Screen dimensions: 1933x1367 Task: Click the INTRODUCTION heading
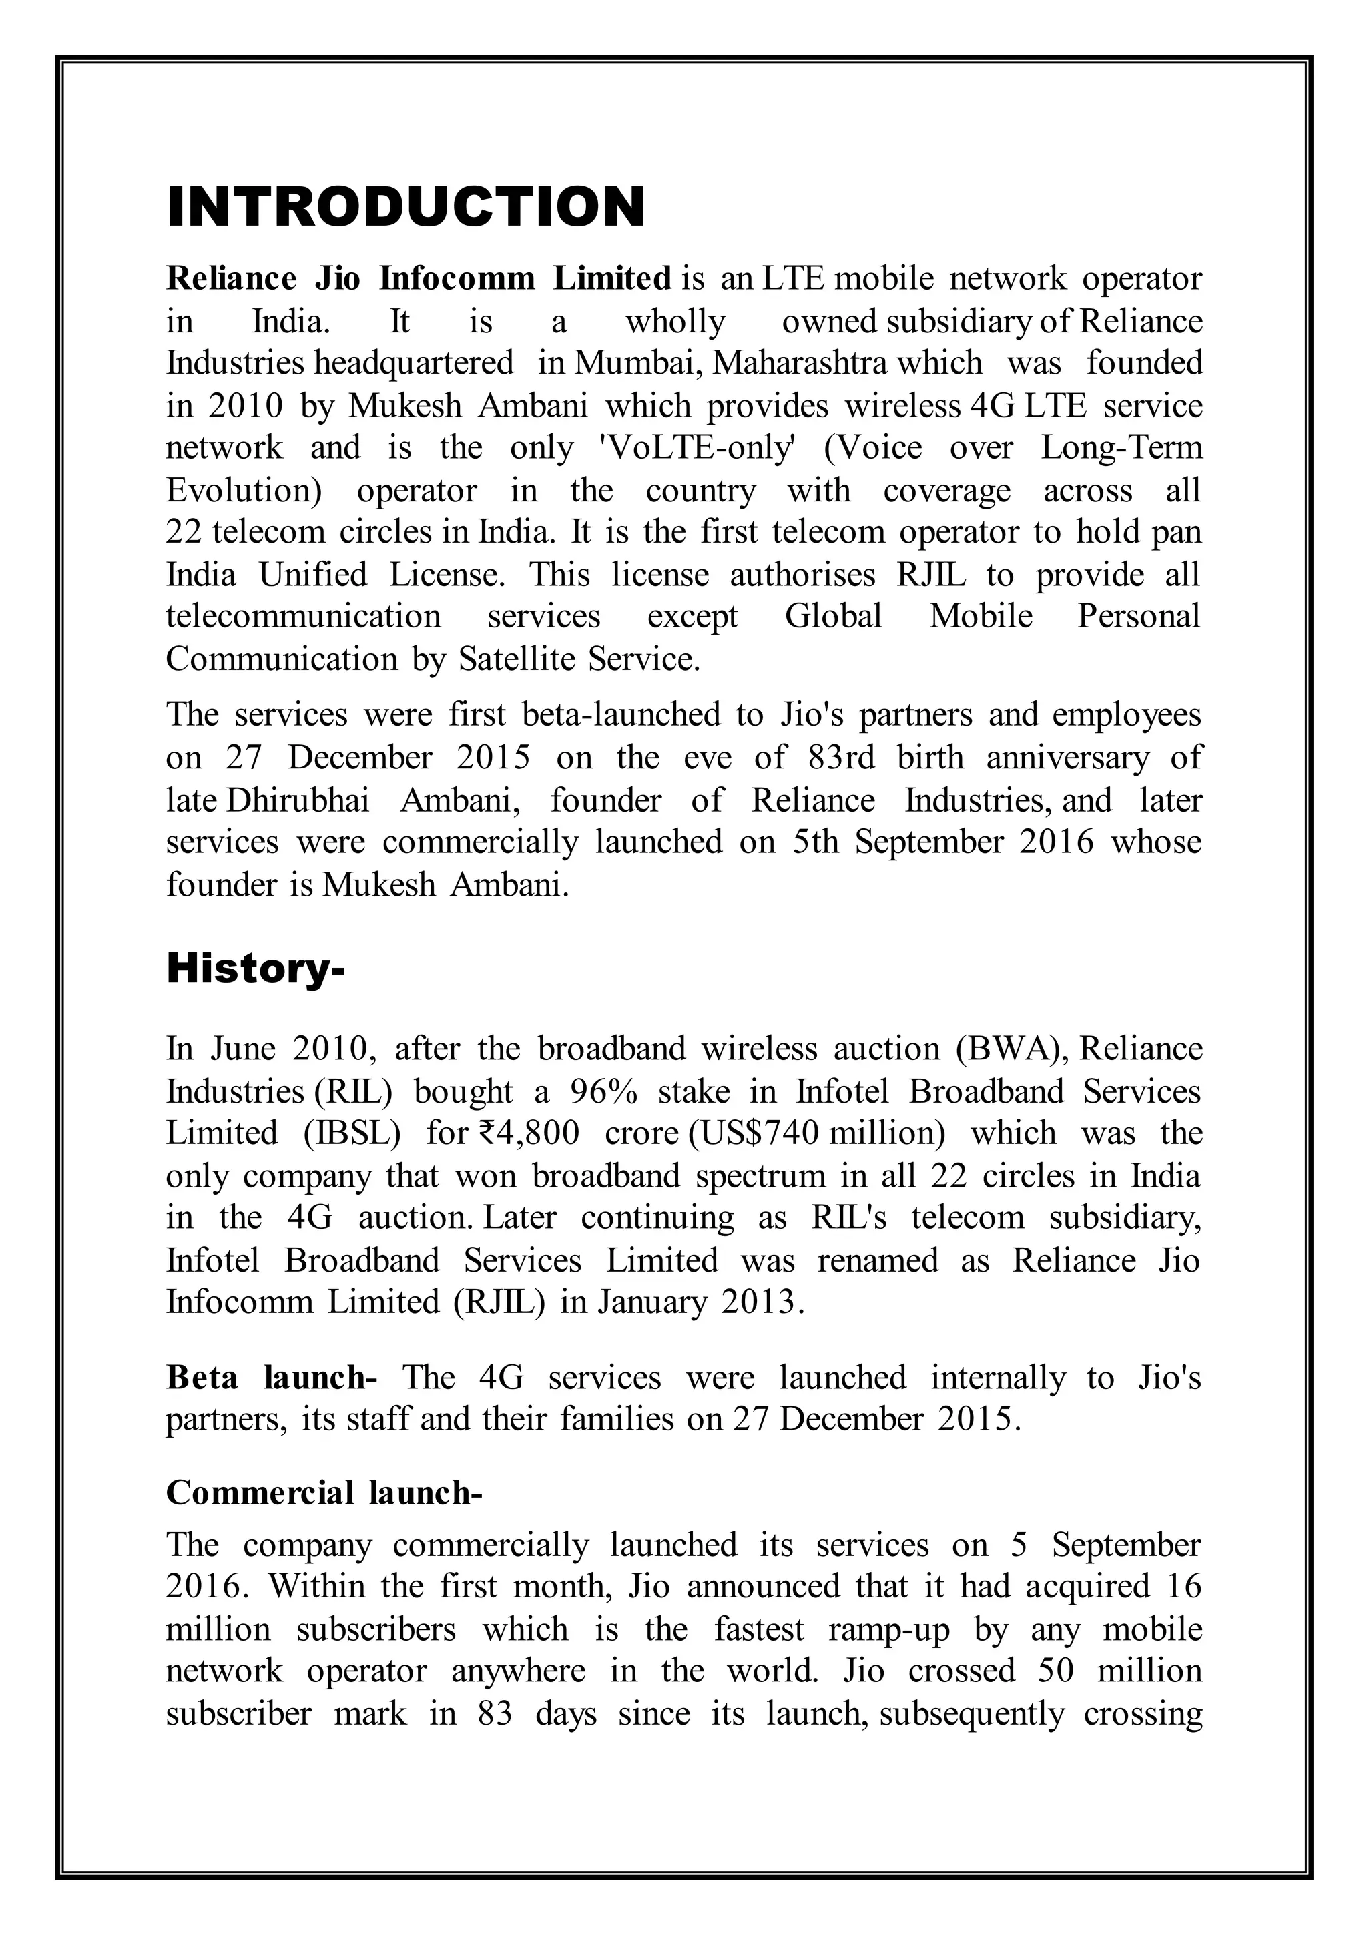pos(406,206)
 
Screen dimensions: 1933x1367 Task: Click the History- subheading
pos(255,969)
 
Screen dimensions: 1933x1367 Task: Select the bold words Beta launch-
pos(271,1378)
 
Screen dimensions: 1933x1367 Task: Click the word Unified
pos(312,574)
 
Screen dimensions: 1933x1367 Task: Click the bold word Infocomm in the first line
pos(457,278)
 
